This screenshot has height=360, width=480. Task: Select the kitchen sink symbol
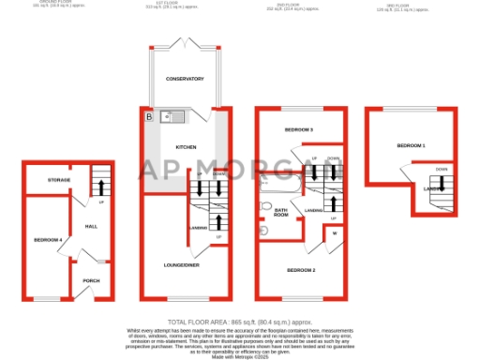point(172,117)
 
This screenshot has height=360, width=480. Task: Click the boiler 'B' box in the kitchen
point(147,117)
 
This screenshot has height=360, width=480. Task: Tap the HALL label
point(91,226)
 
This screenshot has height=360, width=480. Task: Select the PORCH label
point(91,280)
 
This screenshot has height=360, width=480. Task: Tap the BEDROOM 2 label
point(302,270)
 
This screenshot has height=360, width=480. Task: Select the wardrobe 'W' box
point(334,233)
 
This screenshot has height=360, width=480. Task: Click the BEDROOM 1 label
point(411,146)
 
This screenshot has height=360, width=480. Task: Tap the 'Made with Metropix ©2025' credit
point(240,355)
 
